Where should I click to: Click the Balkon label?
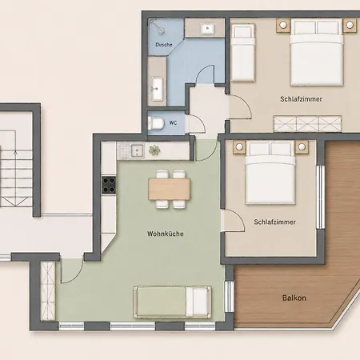pos(294,298)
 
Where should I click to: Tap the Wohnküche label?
pos(166,234)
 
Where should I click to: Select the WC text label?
pos(173,123)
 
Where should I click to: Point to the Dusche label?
pos(164,45)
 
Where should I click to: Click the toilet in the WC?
pos(156,123)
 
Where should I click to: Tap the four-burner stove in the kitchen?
pos(109,185)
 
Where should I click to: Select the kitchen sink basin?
pos(138,150)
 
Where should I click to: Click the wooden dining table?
pos(169,189)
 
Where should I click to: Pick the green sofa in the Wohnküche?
pos(172,302)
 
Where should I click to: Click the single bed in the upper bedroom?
pos(242,53)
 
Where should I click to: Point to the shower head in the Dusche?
pos(160,30)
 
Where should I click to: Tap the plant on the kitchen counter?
pos(154,150)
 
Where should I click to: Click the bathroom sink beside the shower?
pos(157,88)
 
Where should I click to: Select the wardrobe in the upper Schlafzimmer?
pos(307,124)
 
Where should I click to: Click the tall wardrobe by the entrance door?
pos(48,290)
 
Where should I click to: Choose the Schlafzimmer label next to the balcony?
pos(274,222)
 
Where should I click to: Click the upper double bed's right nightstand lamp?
pos(350,26)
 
